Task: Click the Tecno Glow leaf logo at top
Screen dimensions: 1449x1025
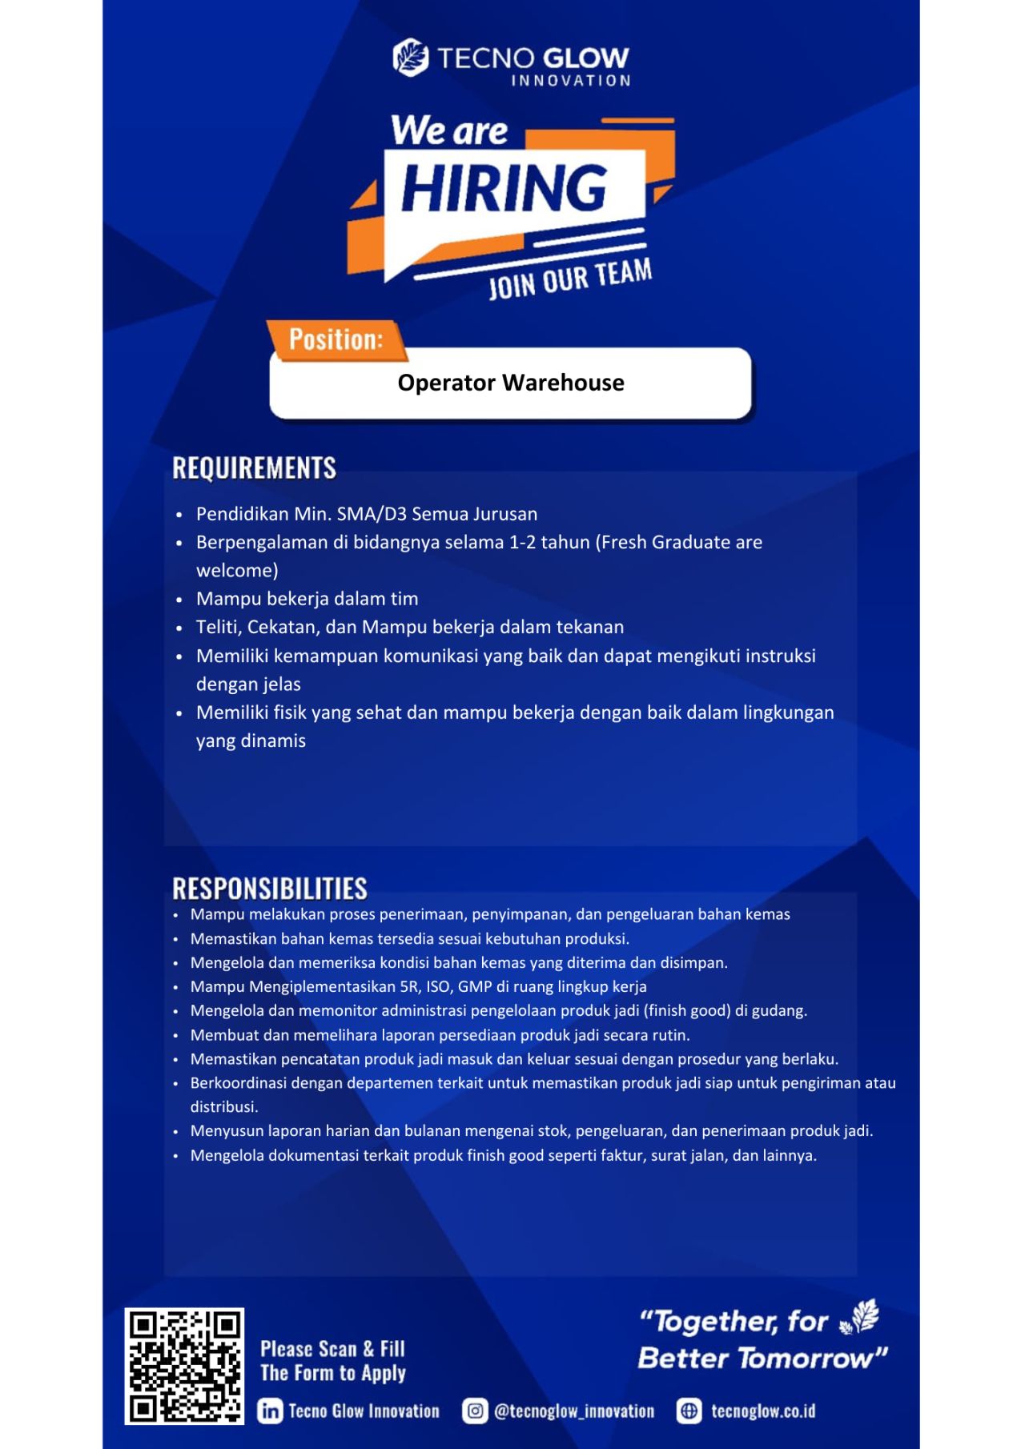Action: tap(411, 58)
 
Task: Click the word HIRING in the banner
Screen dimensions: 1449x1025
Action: tap(504, 189)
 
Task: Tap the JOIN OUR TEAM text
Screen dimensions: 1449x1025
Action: tap(570, 279)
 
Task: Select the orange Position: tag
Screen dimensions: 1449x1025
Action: tap(336, 339)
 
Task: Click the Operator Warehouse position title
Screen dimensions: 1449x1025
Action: tap(511, 383)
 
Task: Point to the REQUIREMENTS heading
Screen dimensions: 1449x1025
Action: tap(254, 468)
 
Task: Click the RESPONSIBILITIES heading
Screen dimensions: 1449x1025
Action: tap(270, 889)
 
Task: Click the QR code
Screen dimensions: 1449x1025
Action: tap(185, 1367)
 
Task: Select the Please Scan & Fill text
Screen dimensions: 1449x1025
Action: tap(332, 1349)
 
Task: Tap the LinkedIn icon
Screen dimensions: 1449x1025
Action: tap(270, 1411)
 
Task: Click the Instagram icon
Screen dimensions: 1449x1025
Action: tap(475, 1411)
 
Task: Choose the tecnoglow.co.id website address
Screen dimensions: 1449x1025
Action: tap(762, 1411)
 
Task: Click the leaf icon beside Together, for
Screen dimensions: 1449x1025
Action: tap(860, 1318)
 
